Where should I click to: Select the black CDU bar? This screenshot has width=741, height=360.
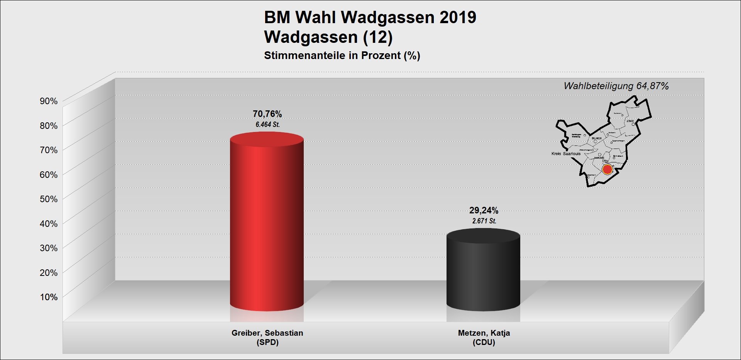click(x=483, y=270)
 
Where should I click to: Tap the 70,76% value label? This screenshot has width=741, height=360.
click(x=267, y=114)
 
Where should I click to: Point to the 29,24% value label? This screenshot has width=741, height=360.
click(x=484, y=210)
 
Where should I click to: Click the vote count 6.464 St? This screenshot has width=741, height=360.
click(x=267, y=125)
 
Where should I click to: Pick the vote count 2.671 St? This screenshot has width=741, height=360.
click(x=484, y=221)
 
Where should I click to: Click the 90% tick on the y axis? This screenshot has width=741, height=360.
click(x=49, y=101)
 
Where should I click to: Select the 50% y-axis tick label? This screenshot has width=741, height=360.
click(x=49, y=199)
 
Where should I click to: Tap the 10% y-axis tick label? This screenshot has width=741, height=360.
click(x=49, y=297)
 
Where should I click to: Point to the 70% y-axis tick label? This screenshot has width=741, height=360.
click(x=49, y=150)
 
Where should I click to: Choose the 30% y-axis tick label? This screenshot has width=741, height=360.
click(x=49, y=248)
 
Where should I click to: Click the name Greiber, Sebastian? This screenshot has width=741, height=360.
click(x=267, y=333)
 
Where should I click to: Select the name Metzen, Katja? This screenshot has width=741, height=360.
click(x=484, y=333)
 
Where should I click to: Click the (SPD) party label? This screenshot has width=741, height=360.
click(x=267, y=342)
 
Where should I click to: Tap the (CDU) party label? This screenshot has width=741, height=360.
click(x=484, y=342)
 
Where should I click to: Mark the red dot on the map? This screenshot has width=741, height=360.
click(x=607, y=169)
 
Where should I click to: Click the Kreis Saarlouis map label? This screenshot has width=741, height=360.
click(x=566, y=154)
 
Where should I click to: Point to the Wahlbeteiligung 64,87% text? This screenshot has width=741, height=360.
click(x=616, y=86)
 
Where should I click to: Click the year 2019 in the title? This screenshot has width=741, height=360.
click(x=458, y=18)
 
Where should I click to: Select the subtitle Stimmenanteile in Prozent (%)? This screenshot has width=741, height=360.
click(x=342, y=56)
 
